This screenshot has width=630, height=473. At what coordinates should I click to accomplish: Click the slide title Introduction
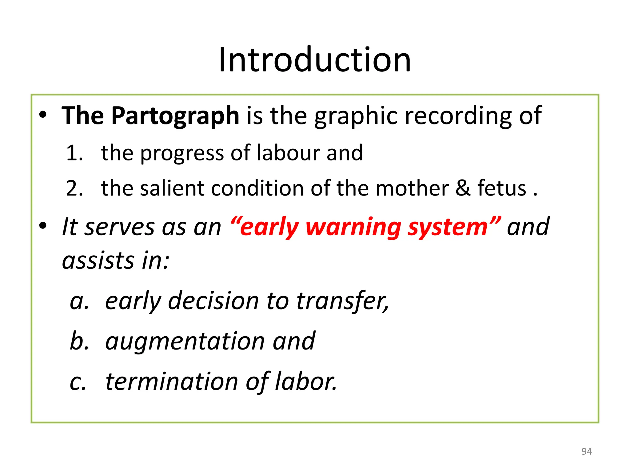coord(314,60)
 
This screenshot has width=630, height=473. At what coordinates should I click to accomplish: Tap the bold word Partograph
coord(175,116)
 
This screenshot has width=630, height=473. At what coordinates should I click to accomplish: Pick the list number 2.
coord(74,188)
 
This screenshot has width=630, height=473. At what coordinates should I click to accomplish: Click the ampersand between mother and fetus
coord(463,188)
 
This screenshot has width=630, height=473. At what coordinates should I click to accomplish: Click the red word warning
coord(353,227)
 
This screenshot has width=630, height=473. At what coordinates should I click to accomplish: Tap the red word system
coord(448,227)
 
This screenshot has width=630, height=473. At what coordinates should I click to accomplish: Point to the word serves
coord(119,227)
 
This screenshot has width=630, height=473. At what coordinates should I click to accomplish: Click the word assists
coord(98,261)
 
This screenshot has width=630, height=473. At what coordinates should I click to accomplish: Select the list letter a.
coord(79,301)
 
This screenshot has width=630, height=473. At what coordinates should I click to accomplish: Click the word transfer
coord(342,301)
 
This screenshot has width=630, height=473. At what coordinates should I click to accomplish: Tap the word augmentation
coord(185,341)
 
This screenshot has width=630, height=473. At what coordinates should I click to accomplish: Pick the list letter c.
coord(78,382)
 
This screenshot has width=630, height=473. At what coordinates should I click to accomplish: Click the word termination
coord(172,382)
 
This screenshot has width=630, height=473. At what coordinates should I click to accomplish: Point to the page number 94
coord(586,451)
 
